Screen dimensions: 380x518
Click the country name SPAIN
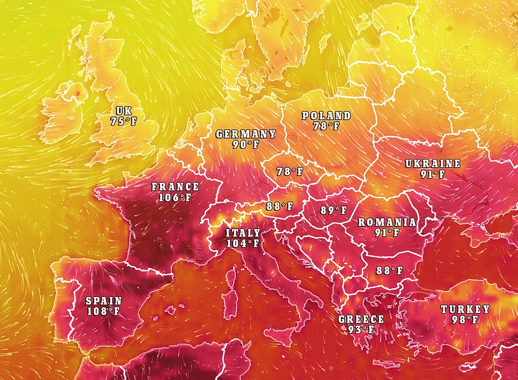(103, 301)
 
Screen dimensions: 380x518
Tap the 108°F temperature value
(103, 311)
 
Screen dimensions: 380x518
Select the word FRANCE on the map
(175, 186)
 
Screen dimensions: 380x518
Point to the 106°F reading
(175, 197)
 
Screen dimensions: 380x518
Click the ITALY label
(242, 233)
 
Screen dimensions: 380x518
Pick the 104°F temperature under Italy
(242, 243)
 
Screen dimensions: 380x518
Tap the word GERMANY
(246, 134)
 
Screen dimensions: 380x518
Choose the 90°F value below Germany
(246, 144)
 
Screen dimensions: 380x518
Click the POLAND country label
(326, 116)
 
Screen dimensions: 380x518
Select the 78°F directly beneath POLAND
(326, 126)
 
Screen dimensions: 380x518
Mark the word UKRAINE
(433, 164)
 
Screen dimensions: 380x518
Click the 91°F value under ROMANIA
(387, 232)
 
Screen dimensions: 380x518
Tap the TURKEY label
(465, 309)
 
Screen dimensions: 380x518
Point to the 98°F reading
(465, 320)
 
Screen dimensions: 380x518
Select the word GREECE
(361, 319)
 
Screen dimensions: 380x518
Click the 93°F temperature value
(361, 329)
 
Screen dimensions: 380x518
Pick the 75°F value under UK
(123, 121)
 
